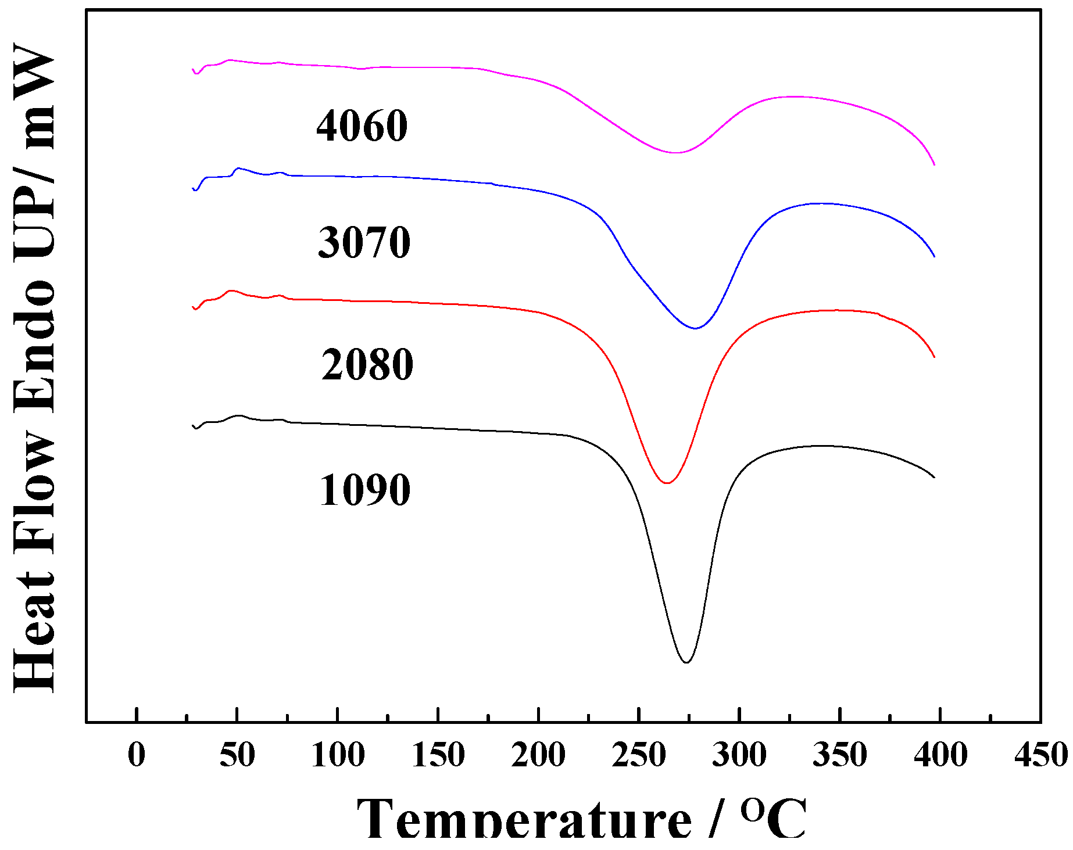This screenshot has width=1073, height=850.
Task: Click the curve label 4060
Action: coord(362,125)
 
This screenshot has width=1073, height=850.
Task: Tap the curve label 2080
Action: coord(367,364)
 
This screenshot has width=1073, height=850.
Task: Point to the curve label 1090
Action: coord(364,490)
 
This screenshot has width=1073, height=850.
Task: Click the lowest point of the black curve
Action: coord(686,662)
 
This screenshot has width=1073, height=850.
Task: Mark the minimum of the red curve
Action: coord(667,483)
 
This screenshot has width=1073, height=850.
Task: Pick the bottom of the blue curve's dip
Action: coord(695,328)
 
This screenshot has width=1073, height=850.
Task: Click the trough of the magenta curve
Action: coord(675,153)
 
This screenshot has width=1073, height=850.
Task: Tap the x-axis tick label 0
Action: coord(136,755)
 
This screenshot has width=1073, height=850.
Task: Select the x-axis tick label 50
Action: coord(237,755)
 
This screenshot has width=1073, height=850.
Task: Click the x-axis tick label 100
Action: coord(338,755)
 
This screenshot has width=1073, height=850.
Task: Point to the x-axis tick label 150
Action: coord(438,755)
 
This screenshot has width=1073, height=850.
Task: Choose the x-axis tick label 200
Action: coord(538,755)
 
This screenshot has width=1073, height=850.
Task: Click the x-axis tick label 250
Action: coord(639,755)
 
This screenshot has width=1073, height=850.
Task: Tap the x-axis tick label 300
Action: coord(739,755)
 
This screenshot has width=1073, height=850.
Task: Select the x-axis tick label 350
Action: coord(840,755)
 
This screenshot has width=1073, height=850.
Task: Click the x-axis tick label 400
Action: coord(940,755)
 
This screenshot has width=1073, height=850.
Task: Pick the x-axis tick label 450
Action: coord(1040,755)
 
